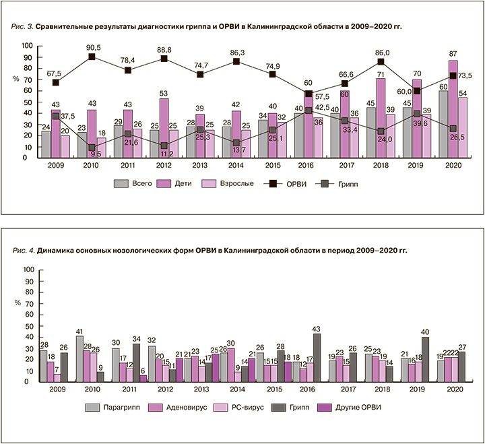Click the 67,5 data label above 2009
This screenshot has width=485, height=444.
pos(55,73)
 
